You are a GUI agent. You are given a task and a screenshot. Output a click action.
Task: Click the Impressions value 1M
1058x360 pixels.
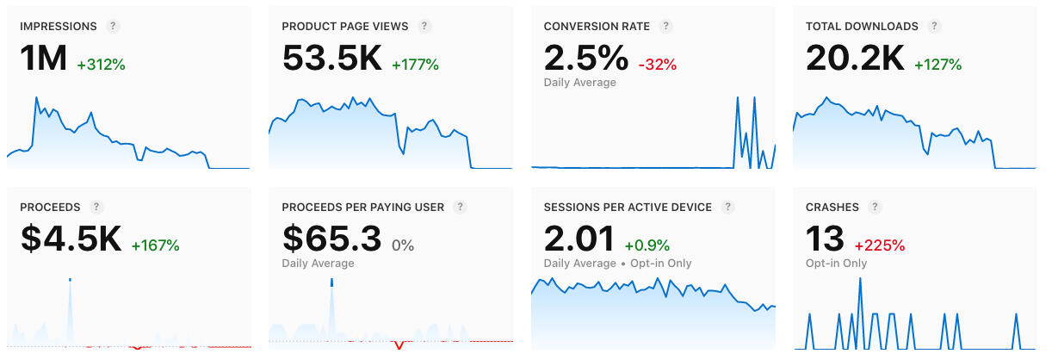click(43, 59)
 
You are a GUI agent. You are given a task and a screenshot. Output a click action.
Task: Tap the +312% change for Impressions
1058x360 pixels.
click(102, 65)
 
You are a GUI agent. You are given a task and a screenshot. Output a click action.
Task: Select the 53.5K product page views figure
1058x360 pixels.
click(331, 59)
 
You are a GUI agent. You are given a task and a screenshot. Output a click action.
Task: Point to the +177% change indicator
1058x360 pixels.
click(415, 65)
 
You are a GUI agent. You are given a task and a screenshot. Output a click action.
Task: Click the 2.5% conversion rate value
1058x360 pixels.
click(585, 59)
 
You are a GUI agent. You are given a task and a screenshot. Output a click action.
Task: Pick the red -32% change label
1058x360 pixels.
click(658, 65)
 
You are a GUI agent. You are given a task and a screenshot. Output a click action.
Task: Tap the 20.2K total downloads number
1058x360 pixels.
click(855, 59)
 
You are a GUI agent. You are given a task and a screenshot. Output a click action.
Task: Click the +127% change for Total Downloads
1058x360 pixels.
click(937, 65)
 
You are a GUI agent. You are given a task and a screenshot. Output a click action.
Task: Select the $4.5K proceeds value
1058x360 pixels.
click(71, 239)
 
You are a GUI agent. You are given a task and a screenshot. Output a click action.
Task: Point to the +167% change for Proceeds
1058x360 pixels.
click(155, 245)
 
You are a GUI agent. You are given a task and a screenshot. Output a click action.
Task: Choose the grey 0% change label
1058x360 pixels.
click(403, 245)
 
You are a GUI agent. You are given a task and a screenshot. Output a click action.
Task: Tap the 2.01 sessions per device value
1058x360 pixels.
click(579, 239)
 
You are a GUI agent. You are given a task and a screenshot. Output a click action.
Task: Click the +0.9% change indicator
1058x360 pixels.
click(647, 245)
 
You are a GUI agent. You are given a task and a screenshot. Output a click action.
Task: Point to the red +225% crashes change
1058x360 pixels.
click(879, 245)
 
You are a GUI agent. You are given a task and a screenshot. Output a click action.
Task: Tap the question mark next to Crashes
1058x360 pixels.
click(875, 208)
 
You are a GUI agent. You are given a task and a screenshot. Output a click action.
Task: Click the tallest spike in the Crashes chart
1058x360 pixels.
click(860, 281)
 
